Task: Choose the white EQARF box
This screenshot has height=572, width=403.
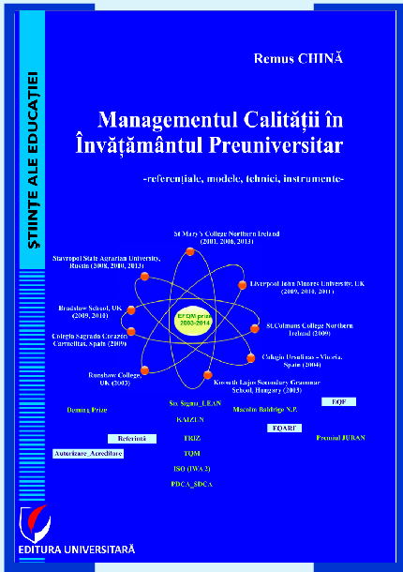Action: click(282, 428)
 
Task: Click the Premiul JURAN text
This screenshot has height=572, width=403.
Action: click(340, 438)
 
